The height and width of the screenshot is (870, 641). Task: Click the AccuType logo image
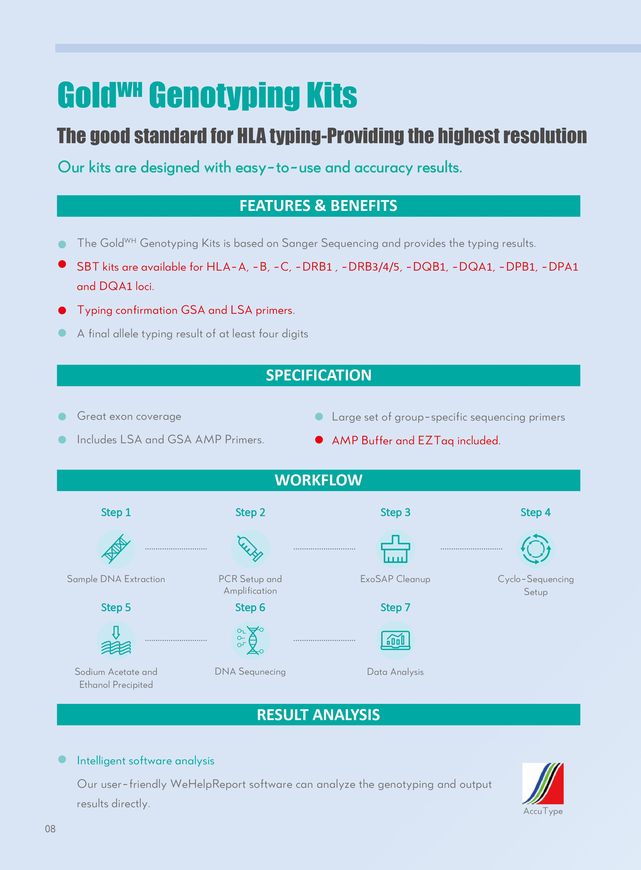click(543, 783)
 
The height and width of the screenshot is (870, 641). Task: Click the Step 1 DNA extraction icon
click(116, 549)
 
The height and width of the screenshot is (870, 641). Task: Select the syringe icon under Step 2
click(250, 549)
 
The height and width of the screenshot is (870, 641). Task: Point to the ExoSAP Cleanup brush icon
click(395, 549)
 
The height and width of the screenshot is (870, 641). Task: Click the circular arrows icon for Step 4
click(536, 549)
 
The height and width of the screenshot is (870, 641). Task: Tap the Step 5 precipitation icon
click(116, 640)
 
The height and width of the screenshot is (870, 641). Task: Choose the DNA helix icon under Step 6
click(250, 640)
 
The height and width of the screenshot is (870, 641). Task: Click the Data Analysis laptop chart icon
click(395, 640)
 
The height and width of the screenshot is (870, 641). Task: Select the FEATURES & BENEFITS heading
click(318, 206)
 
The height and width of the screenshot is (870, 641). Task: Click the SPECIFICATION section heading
click(318, 375)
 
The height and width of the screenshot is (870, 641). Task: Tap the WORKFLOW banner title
click(318, 480)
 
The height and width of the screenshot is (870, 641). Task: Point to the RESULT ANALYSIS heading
click(318, 715)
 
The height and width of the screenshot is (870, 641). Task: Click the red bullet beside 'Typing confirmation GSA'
click(62, 310)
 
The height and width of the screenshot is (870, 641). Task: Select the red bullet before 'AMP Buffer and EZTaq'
click(319, 440)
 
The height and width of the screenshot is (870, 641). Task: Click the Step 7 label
click(395, 607)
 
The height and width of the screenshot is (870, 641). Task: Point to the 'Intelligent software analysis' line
click(146, 761)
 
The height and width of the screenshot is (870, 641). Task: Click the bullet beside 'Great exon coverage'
click(62, 416)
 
